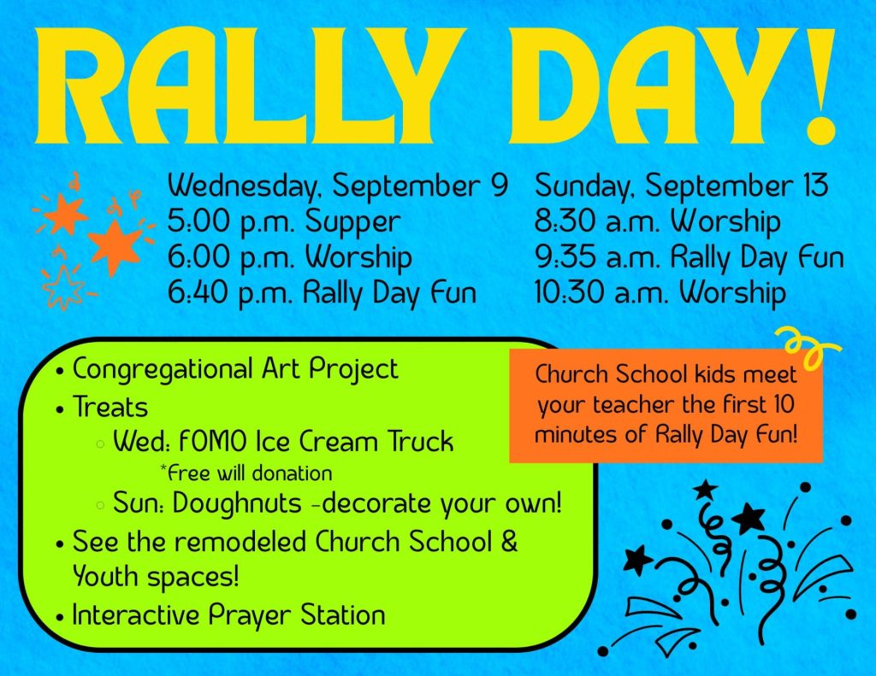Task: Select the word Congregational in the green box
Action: pos(163,370)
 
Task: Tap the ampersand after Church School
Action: pos(509,542)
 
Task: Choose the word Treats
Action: pos(110,407)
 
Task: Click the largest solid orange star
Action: pos(115,247)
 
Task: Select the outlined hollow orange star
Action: pos(62,287)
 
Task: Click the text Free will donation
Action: pos(246,473)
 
